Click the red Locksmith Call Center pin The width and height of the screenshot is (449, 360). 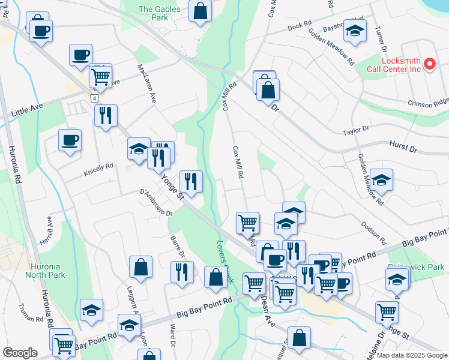pyautogui.click(x=429, y=64)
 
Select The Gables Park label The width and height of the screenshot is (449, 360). pyautogui.click(x=154, y=13)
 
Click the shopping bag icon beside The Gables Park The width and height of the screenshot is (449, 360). pyautogui.click(x=200, y=10)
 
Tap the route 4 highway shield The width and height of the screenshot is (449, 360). pyautogui.click(x=95, y=97)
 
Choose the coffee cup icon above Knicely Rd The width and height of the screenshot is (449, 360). pyautogui.click(x=70, y=140)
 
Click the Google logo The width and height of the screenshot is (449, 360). pyautogui.click(x=20, y=353)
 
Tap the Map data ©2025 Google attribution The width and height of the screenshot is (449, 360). pyautogui.click(x=412, y=355)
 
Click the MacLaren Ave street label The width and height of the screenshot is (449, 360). pyautogui.click(x=146, y=83)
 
